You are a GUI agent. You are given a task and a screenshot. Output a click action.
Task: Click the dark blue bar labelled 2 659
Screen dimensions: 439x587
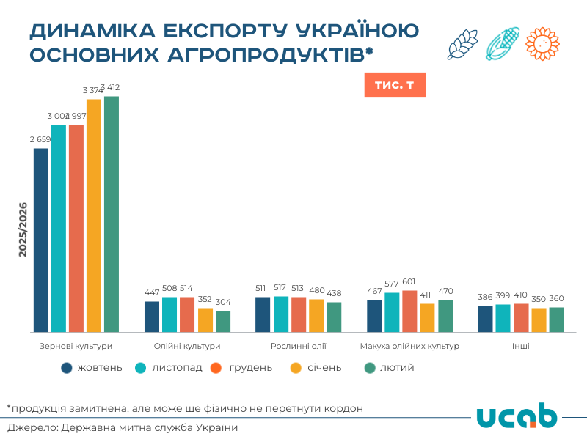pyautogui.click(x=41, y=240)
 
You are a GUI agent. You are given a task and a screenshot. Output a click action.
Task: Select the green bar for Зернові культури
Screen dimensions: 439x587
pyautogui.click(x=112, y=214)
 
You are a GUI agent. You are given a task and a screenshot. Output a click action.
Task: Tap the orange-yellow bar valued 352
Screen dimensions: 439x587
pyautogui.click(x=205, y=320)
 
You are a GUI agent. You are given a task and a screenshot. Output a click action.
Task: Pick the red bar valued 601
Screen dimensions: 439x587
pyautogui.click(x=409, y=311)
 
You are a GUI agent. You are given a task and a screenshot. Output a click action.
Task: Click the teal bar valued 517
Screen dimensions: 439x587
pyautogui.click(x=281, y=314)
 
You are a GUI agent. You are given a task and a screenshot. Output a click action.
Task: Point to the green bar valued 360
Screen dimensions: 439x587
pyautogui.click(x=557, y=319)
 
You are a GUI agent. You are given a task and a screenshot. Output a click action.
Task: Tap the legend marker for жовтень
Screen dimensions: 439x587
pyautogui.click(x=68, y=367)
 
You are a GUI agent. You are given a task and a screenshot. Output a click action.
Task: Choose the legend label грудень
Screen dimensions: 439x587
pyautogui.click(x=250, y=367)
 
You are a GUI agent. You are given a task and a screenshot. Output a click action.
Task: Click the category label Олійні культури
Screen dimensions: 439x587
pyautogui.click(x=187, y=346)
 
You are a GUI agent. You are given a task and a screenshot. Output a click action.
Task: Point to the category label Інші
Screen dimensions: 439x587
pyautogui.click(x=521, y=346)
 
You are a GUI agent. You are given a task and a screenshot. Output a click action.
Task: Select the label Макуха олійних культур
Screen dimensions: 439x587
pyautogui.click(x=409, y=346)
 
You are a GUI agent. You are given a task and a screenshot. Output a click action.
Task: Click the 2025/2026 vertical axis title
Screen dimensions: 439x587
pyautogui.click(x=23, y=229)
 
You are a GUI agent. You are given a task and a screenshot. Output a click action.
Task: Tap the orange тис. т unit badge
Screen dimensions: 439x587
pyautogui.click(x=394, y=85)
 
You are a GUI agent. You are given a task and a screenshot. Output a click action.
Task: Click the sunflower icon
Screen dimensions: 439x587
pyautogui.click(x=542, y=44)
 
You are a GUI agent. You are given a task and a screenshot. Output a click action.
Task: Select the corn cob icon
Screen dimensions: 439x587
pyautogui.click(x=503, y=44)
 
